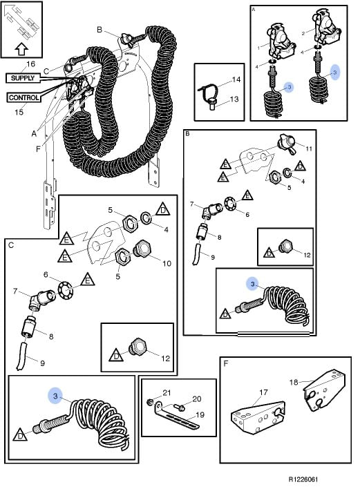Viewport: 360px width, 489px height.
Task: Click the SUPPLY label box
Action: click(23, 78)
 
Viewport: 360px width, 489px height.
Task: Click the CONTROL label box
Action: click(24, 97)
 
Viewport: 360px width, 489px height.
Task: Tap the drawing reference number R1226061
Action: click(303, 479)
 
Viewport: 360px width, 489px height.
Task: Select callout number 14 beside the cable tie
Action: click(236, 80)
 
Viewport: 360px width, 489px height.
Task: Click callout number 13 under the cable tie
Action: click(234, 99)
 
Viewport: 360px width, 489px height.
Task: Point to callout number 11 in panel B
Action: click(309, 148)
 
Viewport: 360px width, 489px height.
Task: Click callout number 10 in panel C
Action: click(167, 264)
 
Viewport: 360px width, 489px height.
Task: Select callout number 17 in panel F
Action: click(263, 392)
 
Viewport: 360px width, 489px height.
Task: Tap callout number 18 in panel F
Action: click(294, 382)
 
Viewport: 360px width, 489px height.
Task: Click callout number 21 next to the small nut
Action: click(167, 392)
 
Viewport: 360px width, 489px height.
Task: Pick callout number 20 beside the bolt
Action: click(196, 399)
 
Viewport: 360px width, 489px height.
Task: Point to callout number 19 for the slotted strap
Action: click(200, 415)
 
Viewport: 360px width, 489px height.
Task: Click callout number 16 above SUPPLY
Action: click(30, 64)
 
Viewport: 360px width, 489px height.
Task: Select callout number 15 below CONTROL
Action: click(19, 112)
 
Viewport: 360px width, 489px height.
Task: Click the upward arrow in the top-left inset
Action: click(21, 48)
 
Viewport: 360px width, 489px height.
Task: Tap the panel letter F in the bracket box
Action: click(226, 363)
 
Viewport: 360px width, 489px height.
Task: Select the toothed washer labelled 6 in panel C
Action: click(66, 291)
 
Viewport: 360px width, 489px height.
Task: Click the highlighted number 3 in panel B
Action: click(252, 284)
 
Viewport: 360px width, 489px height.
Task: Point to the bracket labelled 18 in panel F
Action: click(325, 391)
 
